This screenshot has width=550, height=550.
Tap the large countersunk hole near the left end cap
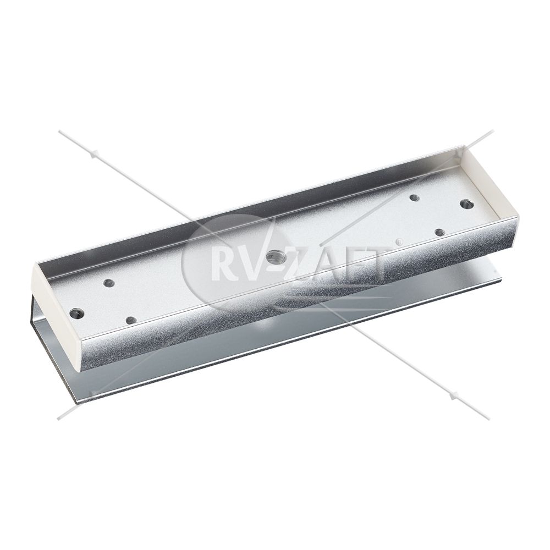77,313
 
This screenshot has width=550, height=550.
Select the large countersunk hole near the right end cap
466,204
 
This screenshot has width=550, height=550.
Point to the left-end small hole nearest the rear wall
108,282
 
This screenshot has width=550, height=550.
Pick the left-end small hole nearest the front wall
131,320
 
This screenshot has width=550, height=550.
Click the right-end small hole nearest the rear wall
415,198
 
